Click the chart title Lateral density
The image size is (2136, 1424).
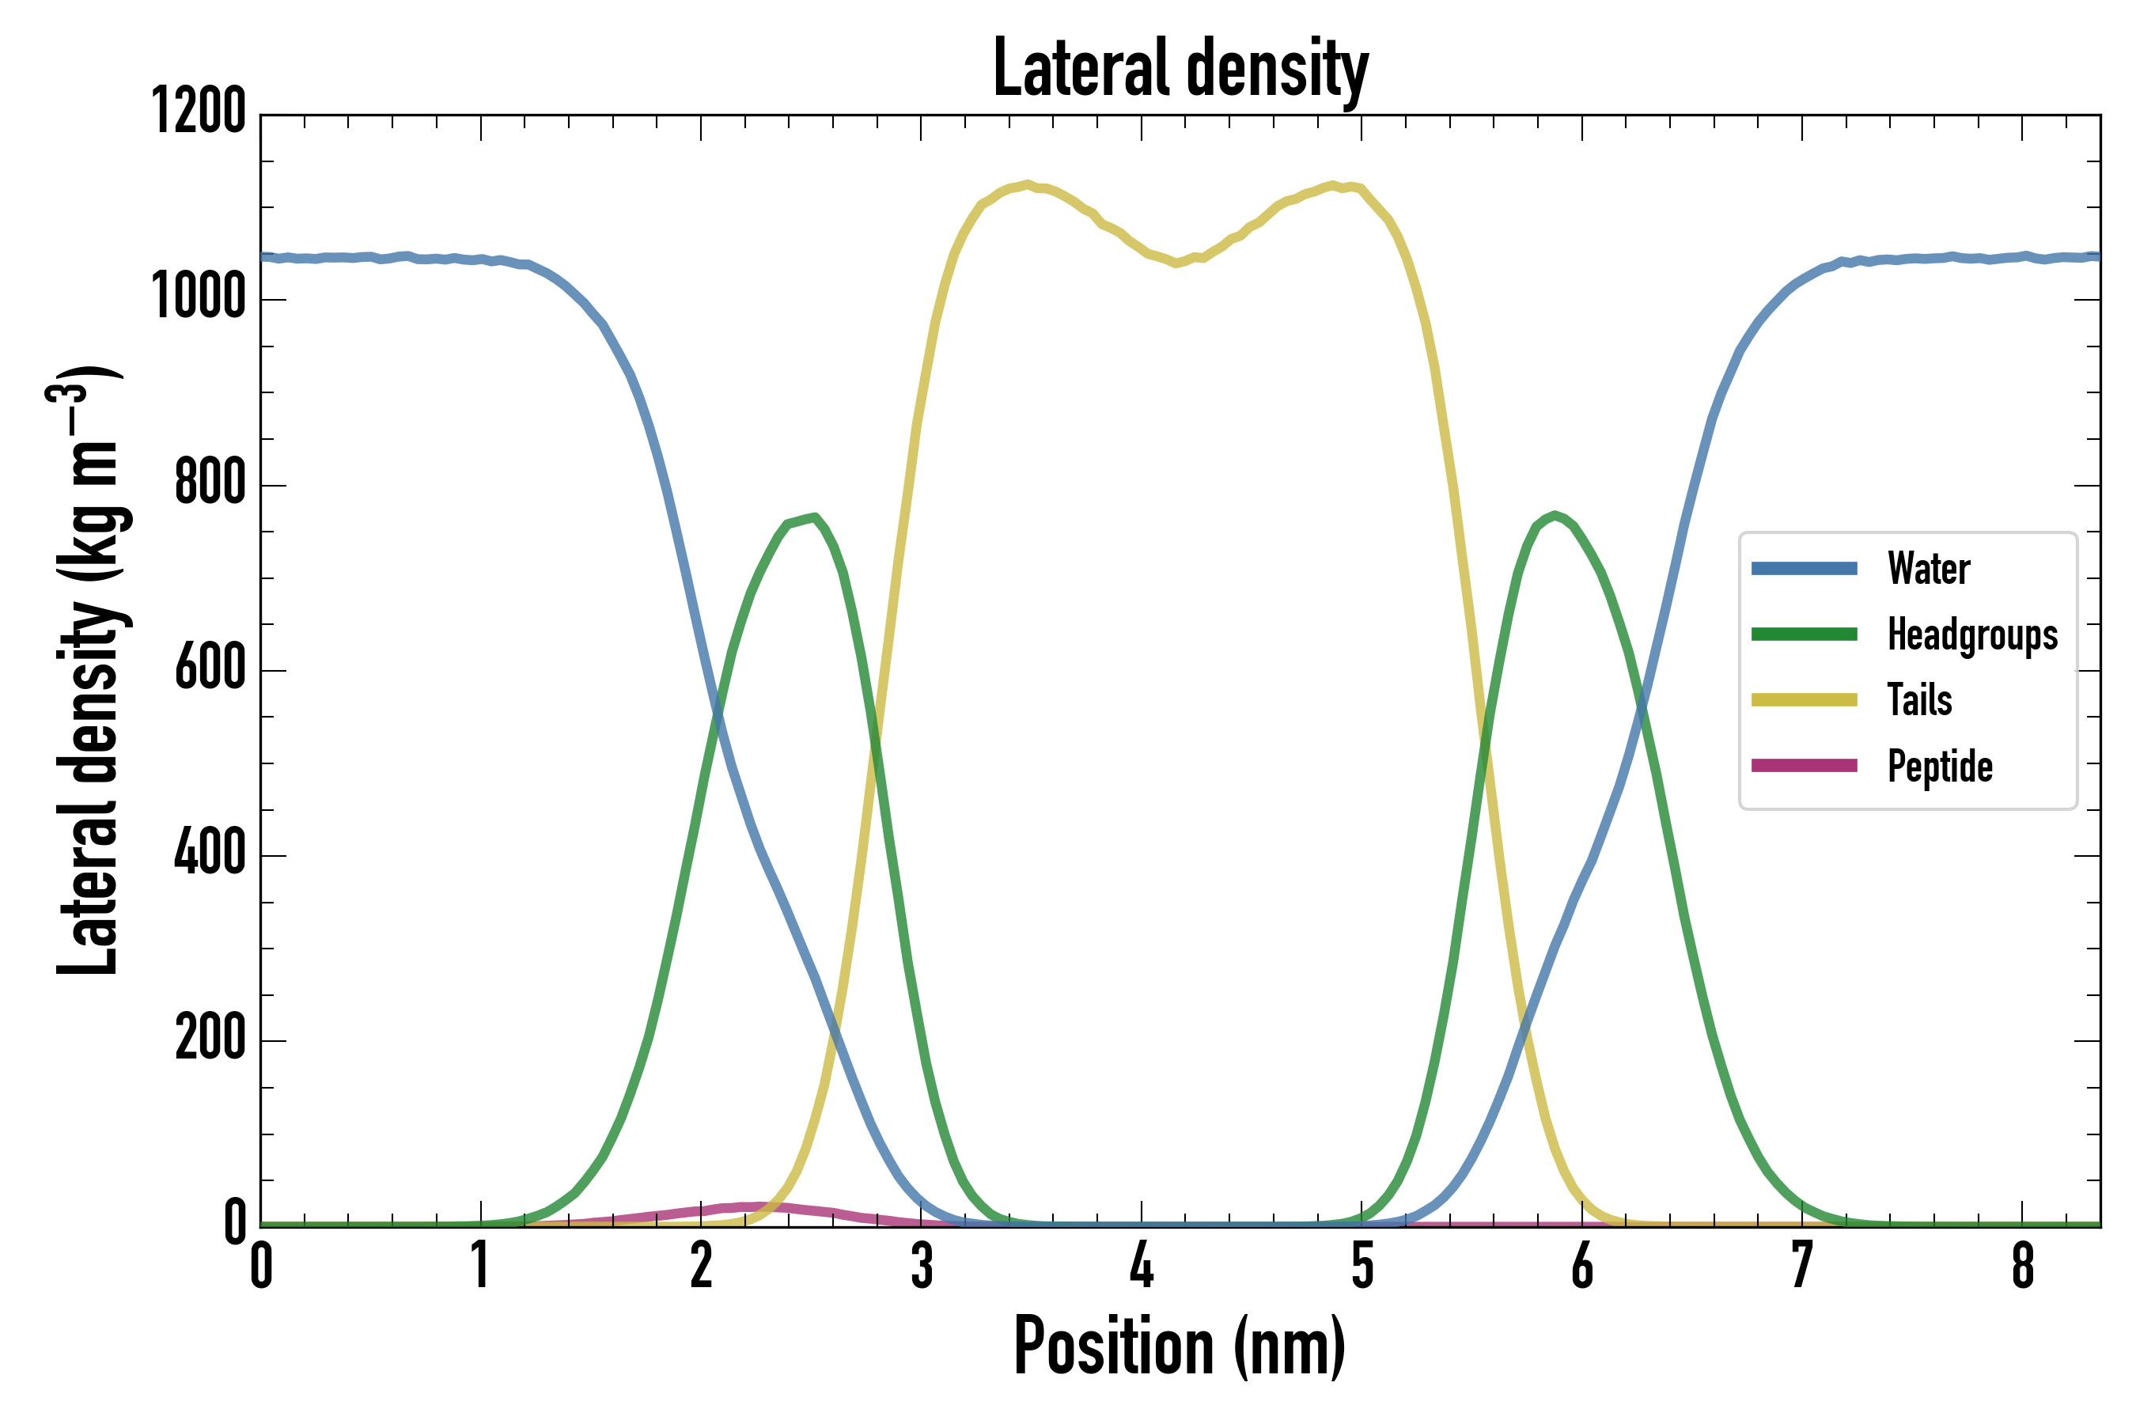pyautogui.click(x=1180, y=69)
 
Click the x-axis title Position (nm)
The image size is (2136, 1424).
pyautogui.click(x=1180, y=1346)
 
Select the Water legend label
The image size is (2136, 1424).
pyautogui.click(x=1928, y=570)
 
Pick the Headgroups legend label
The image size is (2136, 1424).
pyautogui.click(x=1972, y=634)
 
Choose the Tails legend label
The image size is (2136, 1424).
pyautogui.click(x=1919, y=700)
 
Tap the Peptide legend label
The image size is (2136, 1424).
pyautogui.click(x=1940, y=767)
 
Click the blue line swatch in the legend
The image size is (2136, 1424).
pyautogui.click(x=1804, y=570)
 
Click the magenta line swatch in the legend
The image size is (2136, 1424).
pyautogui.click(x=1804, y=766)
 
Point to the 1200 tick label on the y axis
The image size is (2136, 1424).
pyautogui.click(x=199, y=112)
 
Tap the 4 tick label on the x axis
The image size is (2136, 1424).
pyautogui.click(x=1142, y=1265)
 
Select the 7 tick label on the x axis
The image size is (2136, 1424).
pyautogui.click(x=1802, y=1265)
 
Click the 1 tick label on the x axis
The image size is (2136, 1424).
pyautogui.click(x=480, y=1265)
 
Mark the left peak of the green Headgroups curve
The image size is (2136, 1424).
pyautogui.click(x=815, y=517)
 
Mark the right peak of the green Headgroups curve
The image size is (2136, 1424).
pyautogui.click(x=1555, y=515)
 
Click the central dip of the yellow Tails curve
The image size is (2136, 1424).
pyautogui.click(x=1177, y=263)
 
